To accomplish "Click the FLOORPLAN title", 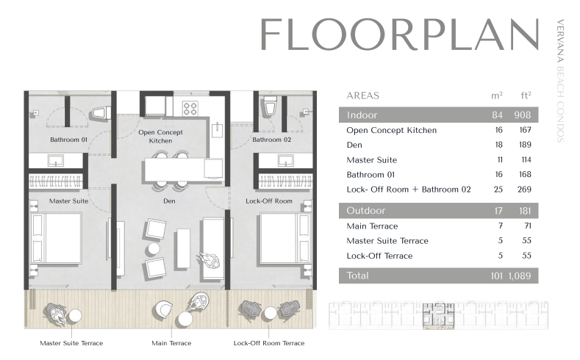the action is (x=399, y=35).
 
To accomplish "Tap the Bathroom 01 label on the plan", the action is (x=69, y=140).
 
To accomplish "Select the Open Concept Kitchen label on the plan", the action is (x=160, y=137).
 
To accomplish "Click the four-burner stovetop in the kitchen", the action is (x=190, y=109).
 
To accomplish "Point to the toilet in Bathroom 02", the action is (x=270, y=107).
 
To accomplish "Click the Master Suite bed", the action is (x=56, y=238).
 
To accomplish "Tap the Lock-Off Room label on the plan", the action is (x=269, y=201).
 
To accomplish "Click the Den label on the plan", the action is (x=169, y=201).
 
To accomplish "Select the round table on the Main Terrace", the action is (x=185, y=320).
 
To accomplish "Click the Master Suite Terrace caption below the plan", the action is (x=71, y=343).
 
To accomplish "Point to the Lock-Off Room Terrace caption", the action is (x=269, y=343).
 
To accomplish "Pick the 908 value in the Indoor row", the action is (x=523, y=115).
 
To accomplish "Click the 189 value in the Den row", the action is (x=525, y=145).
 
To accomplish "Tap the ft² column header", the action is (x=526, y=96).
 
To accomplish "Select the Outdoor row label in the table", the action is (x=366, y=211).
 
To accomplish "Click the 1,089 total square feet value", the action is (x=520, y=276).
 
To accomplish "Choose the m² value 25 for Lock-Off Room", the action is (x=498, y=190).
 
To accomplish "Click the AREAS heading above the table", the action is (x=363, y=96).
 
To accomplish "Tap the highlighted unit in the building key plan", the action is (x=438, y=316).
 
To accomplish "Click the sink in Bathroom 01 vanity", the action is (x=55, y=160).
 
